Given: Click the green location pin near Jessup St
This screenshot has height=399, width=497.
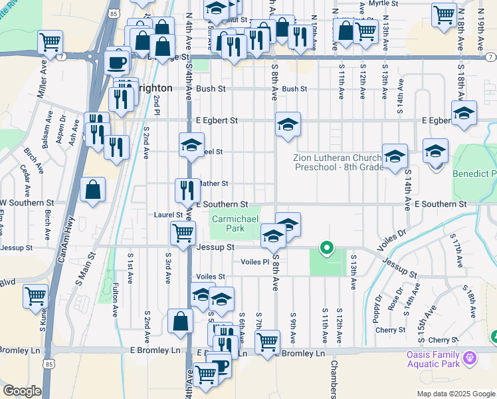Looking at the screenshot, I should tap(326, 249).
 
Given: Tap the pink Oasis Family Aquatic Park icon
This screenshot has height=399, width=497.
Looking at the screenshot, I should tap(470, 358).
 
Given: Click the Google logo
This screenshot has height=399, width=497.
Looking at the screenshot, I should tap(22, 391).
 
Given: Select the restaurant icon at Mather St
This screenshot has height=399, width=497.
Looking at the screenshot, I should tap(187, 190).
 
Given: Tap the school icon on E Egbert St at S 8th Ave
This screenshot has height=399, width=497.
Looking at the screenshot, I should tap(287, 124).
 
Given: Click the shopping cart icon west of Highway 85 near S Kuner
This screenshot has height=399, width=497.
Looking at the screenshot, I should tap(35, 296).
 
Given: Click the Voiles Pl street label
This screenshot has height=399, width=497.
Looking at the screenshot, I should tap(255, 262).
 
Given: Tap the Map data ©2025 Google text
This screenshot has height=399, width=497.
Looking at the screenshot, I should tap(455, 394).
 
